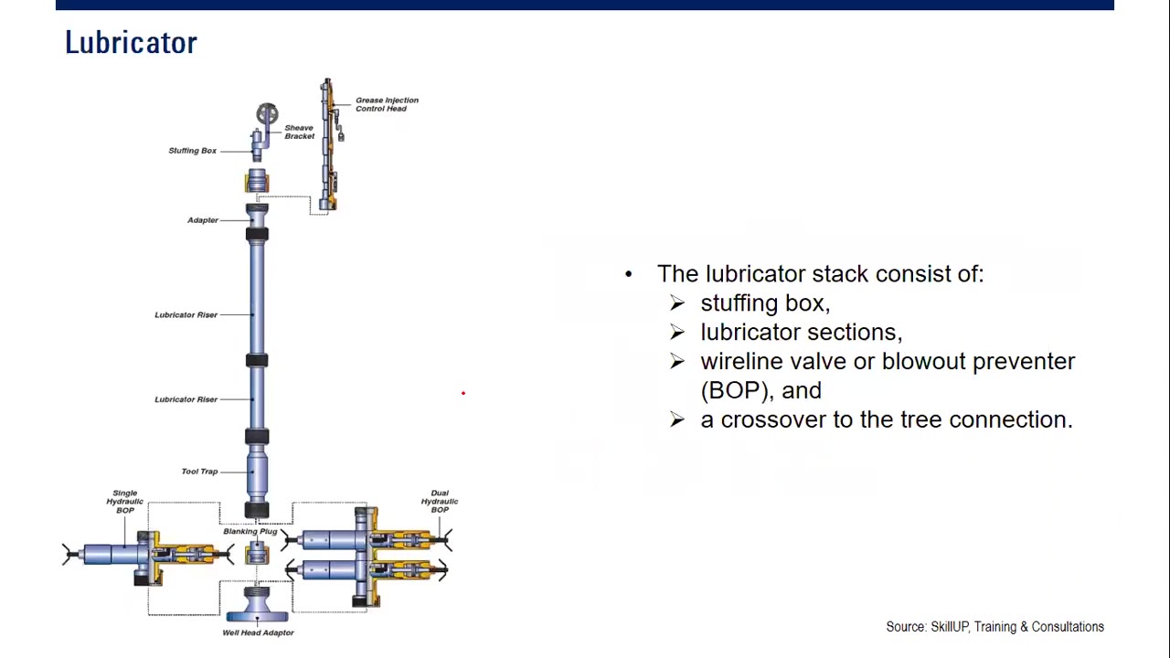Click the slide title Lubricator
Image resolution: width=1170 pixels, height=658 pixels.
(x=131, y=43)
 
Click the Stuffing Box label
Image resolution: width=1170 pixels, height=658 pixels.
(x=192, y=151)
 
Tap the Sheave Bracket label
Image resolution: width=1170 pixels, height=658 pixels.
(x=299, y=132)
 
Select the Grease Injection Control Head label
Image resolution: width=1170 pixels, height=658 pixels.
(x=387, y=104)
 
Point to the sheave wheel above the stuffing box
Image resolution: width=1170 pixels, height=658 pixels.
(x=267, y=114)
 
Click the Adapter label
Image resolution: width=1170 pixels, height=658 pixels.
(x=203, y=220)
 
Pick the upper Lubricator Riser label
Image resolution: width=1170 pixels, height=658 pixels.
(x=186, y=315)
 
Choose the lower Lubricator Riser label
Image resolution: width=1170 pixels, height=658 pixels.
(x=186, y=399)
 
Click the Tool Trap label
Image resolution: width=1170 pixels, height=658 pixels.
(x=199, y=472)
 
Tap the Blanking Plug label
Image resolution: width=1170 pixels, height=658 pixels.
(x=250, y=531)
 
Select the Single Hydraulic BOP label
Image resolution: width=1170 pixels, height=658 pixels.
(x=124, y=501)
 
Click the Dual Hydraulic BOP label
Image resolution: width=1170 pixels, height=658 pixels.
(x=440, y=501)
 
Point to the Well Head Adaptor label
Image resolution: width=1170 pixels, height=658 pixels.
(x=258, y=632)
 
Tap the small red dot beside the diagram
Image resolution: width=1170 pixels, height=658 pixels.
(x=463, y=393)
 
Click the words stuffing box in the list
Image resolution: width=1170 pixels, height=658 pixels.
(x=764, y=303)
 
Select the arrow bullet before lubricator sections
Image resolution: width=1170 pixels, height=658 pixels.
(x=677, y=333)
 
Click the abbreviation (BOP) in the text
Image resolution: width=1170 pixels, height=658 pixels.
(x=738, y=390)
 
